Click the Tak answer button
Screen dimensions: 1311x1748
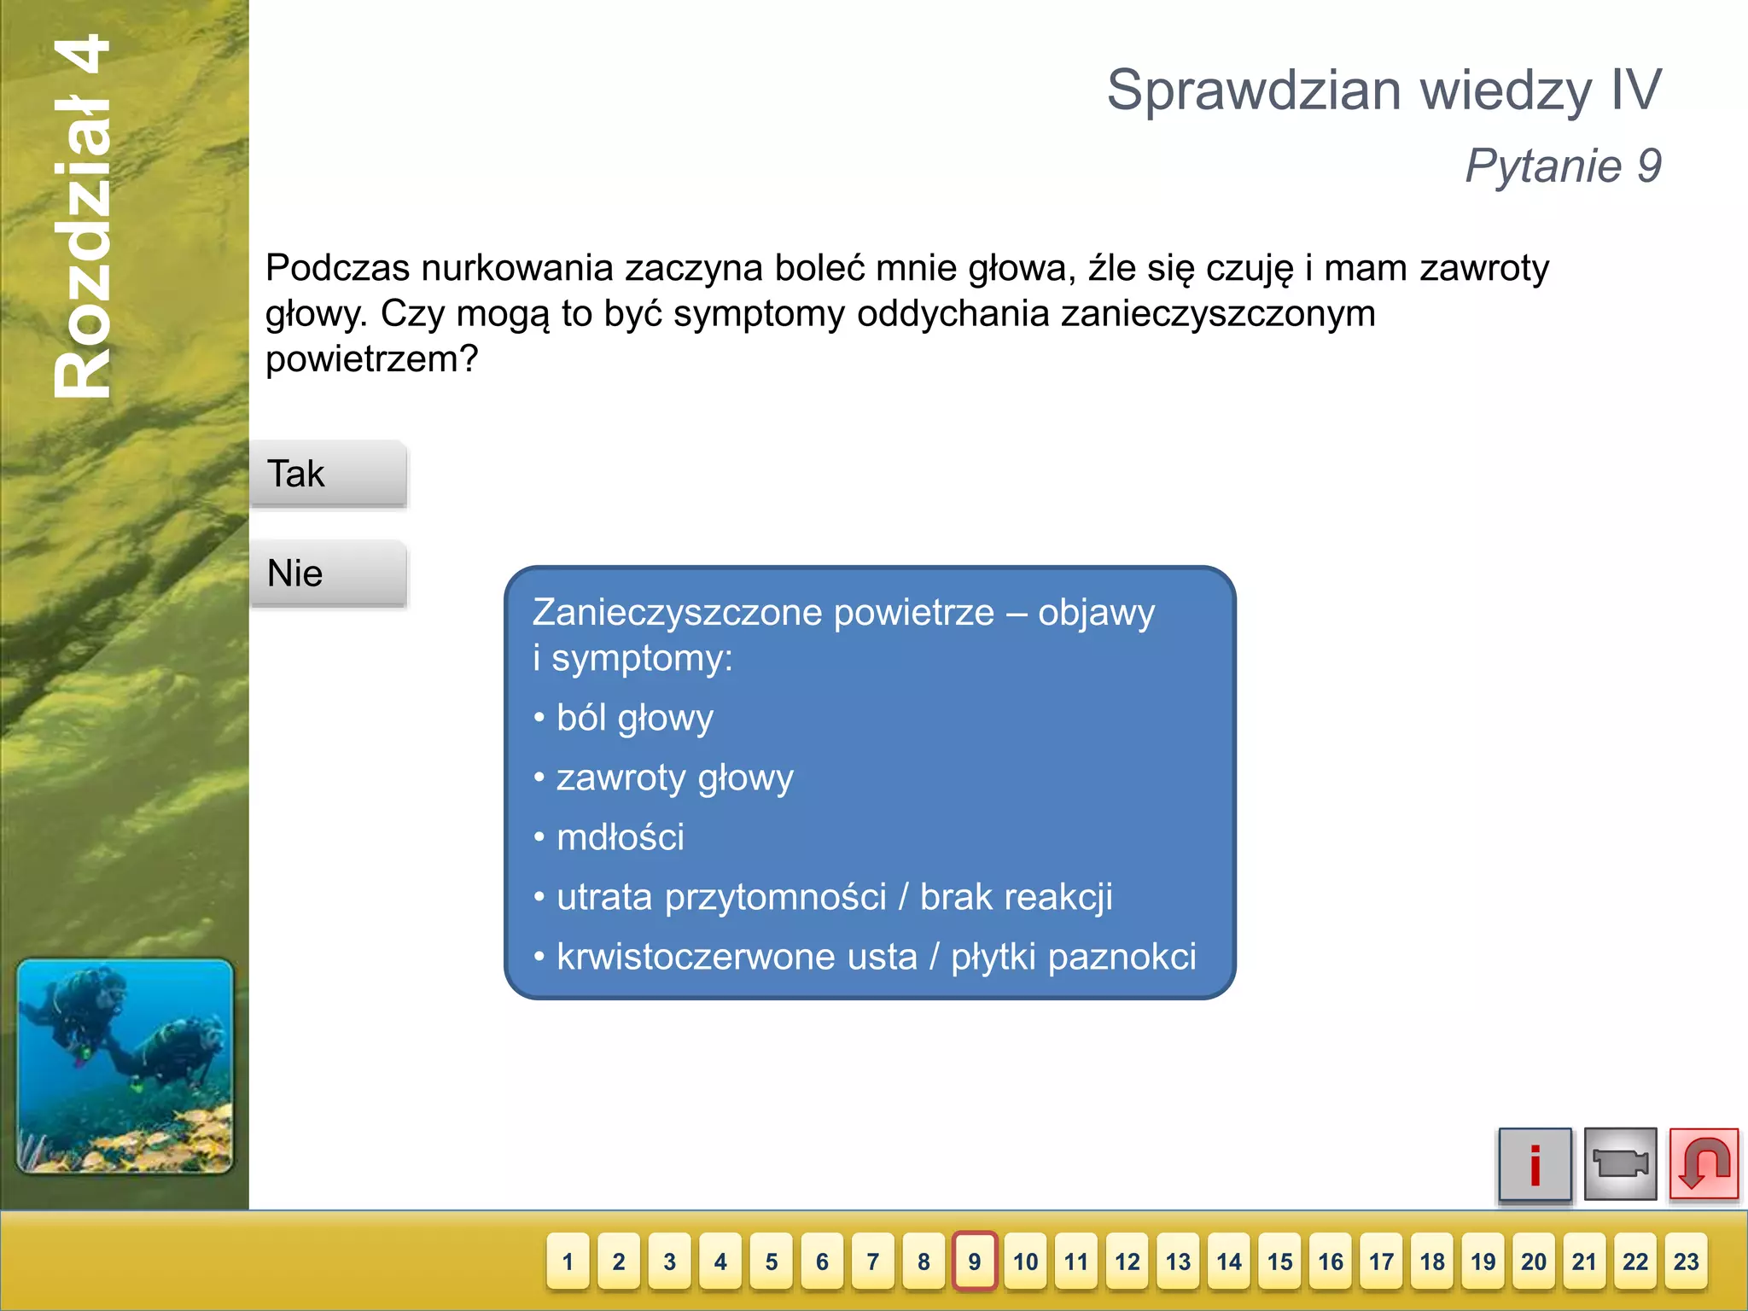click(328, 475)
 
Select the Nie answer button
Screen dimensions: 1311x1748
click(328, 574)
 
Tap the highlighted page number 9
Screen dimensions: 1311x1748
click(975, 1261)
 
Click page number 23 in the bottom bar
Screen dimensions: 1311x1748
click(1686, 1261)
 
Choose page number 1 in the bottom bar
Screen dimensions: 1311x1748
click(568, 1261)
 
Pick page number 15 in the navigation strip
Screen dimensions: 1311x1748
click(1279, 1261)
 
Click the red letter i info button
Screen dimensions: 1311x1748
click(1535, 1164)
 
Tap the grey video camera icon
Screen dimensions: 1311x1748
click(1619, 1164)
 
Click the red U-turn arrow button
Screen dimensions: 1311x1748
click(1704, 1164)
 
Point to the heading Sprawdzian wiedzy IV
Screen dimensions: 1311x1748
click(1384, 90)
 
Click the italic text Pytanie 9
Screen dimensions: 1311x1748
click(1563, 166)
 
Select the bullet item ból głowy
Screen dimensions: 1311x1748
click(634, 718)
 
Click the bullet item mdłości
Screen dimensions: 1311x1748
click(620, 837)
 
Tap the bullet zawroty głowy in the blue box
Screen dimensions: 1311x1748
click(674, 778)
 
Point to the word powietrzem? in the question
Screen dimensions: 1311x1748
click(372, 359)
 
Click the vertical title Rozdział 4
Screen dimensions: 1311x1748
click(83, 217)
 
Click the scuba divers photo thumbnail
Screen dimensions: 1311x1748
click(125, 1066)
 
